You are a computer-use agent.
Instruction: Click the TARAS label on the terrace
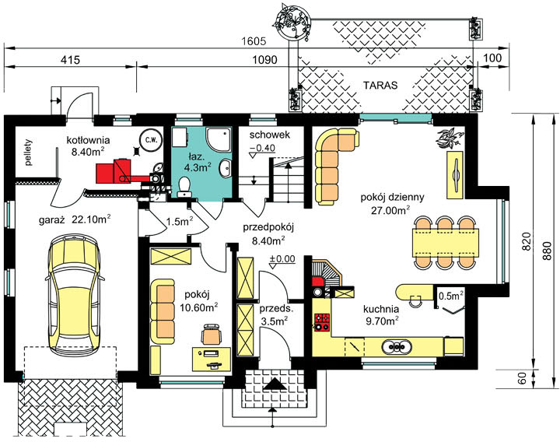pos(380,86)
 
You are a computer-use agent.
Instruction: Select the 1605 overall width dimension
pos(254,41)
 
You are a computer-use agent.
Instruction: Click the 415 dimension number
pos(70,60)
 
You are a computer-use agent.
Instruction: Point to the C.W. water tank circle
pos(151,140)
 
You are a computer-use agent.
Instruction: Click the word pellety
pos(29,153)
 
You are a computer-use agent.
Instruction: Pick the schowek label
pos(270,135)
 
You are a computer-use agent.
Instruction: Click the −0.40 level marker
pos(262,150)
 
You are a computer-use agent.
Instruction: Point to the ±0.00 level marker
pos(282,261)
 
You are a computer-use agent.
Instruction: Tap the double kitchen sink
pos(397,346)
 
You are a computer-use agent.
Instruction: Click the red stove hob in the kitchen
pos(321,321)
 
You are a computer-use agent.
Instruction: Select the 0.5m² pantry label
pos(451,296)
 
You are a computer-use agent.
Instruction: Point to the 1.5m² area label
pos(180,222)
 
